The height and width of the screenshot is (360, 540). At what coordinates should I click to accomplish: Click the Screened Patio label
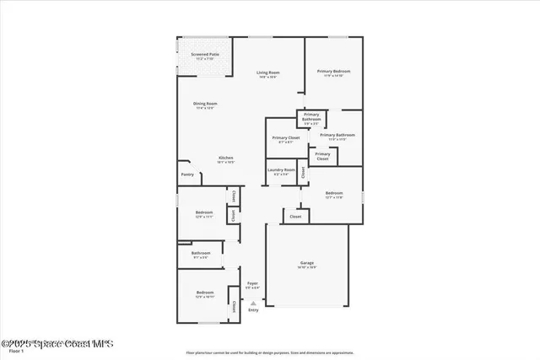(x=204, y=56)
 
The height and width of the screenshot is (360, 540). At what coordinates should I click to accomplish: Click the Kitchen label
(x=226, y=159)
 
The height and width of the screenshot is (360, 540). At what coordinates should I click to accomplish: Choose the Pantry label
(x=187, y=175)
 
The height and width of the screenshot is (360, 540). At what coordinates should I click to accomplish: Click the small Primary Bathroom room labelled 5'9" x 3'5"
(x=311, y=117)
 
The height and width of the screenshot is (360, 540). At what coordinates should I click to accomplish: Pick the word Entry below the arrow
(x=252, y=310)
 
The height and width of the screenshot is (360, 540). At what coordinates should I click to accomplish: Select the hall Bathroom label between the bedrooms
(x=201, y=254)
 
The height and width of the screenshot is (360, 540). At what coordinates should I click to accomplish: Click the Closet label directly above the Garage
(x=295, y=217)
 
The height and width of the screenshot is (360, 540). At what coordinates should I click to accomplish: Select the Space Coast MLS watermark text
(x=57, y=344)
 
